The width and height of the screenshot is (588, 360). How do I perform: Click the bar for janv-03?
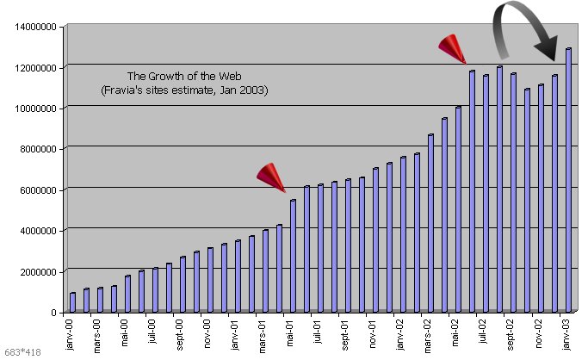click(x=568, y=181)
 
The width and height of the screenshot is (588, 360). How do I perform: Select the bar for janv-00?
click(x=72, y=302)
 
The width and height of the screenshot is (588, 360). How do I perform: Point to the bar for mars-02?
click(x=430, y=223)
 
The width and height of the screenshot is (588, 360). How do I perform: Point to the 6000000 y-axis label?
click(x=39, y=189)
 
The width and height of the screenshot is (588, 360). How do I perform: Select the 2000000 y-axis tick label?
click(x=39, y=271)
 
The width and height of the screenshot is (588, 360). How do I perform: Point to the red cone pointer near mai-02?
click(x=452, y=48)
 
